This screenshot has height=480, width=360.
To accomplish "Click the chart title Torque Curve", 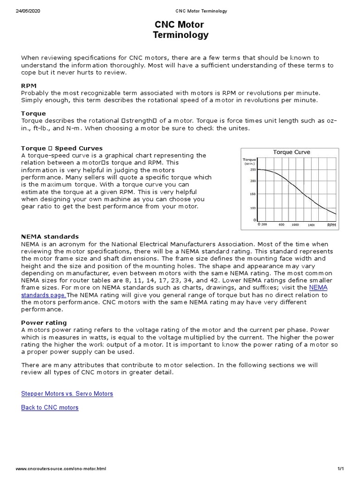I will pos(291,152).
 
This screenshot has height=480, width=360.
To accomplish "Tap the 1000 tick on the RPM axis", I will pos(295,225).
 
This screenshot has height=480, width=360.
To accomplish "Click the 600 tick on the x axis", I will pos(281,225).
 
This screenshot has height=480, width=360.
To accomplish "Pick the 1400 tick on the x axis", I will pos(311,225).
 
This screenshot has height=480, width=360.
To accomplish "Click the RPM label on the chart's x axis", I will pos(331,225).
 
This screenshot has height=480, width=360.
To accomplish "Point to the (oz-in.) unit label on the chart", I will pos(249,164).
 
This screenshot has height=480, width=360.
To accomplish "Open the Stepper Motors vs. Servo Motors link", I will pos(67,394).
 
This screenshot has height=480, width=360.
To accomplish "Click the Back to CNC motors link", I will pos(50,408).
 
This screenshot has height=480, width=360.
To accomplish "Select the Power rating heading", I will pos(44,322).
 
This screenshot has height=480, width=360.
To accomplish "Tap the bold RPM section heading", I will pos(29,86).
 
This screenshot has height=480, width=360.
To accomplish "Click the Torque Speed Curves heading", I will pos(62,148).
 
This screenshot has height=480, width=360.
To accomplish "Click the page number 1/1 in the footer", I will pos(340,469).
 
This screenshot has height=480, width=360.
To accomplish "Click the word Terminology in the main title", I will pos(180,35).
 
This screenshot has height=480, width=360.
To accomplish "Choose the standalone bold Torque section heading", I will pos(33,113).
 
